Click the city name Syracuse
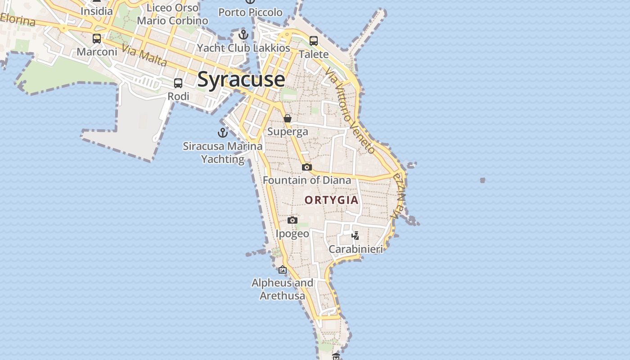(241, 80)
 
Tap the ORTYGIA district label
(332, 200)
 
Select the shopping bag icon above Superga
(288, 118)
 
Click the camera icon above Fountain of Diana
(306, 167)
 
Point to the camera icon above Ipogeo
(292, 220)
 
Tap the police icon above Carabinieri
(355, 235)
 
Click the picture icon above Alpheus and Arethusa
(283, 270)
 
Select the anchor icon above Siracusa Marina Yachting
(222, 133)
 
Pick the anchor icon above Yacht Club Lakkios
(243, 34)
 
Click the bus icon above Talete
(314, 41)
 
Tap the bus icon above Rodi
(178, 83)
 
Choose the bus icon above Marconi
(97, 39)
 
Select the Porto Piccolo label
(250, 13)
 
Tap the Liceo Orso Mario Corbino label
(173, 14)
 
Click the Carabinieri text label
(355, 249)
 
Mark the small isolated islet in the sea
(482, 180)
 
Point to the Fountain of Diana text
(307, 180)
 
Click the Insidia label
(96, 11)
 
